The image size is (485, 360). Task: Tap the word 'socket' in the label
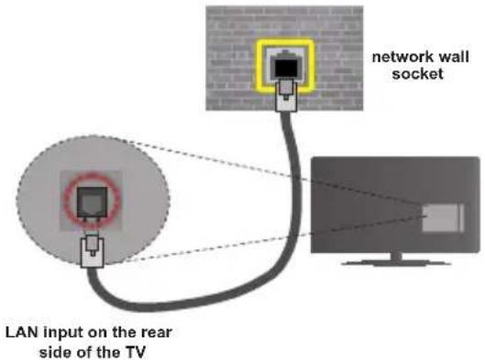point(417,74)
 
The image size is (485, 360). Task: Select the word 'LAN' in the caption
point(22,333)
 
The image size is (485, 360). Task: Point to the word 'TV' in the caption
point(135,352)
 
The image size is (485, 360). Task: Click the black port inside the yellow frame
point(286,69)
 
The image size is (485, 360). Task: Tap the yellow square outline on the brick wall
point(257,66)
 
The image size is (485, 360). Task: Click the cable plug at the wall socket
point(286,94)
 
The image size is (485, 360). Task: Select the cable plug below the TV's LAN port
point(93,250)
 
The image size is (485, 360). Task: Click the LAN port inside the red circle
point(93,202)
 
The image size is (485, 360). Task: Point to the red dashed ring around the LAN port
point(66,201)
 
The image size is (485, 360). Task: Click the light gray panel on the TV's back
point(443,217)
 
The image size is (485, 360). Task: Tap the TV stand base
point(396,263)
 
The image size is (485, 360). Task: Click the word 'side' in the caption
point(52,352)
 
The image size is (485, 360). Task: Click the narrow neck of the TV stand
point(396,256)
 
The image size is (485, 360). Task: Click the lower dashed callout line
point(276,239)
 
